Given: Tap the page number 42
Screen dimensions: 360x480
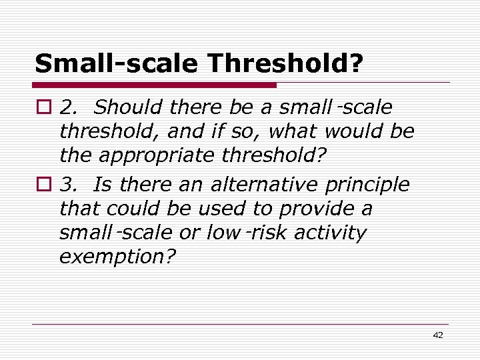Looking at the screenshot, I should [437, 335].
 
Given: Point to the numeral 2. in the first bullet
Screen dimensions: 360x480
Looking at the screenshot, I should [68, 107].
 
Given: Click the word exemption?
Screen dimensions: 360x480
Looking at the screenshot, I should [117, 258].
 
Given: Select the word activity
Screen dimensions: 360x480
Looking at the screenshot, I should [333, 233].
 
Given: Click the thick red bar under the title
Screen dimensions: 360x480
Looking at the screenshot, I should [155, 85].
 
